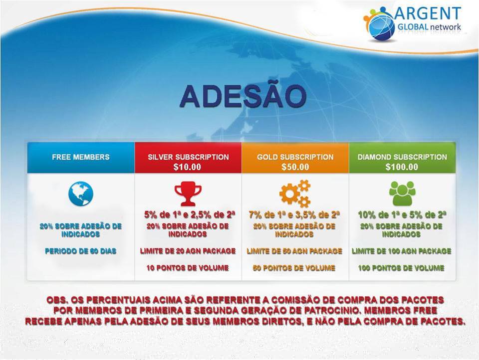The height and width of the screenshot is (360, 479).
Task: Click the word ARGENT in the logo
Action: pyautogui.click(x=428, y=14)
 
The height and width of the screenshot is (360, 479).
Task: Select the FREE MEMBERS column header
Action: pyautogui.click(x=81, y=157)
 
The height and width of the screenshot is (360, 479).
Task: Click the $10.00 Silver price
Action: pyautogui.click(x=187, y=167)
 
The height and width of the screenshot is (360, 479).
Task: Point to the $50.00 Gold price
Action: pyautogui.click(x=295, y=167)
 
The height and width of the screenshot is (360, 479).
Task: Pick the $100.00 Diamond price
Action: pyautogui.click(x=402, y=167)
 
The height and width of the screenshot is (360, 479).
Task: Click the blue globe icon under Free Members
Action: pyautogui.click(x=81, y=194)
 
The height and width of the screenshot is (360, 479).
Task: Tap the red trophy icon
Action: pyautogui.click(x=188, y=193)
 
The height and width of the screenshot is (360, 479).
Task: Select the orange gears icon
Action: pyautogui.click(x=295, y=193)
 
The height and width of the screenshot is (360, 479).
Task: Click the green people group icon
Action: pyautogui.click(x=402, y=193)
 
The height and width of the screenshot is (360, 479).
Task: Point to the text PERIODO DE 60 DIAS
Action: pyautogui.click(x=81, y=251)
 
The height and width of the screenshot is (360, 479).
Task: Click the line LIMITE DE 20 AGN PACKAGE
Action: pyautogui.click(x=188, y=251)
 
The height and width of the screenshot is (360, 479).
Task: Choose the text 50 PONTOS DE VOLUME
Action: pyautogui.click(x=294, y=268)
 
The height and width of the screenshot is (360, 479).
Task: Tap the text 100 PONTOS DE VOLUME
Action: pyautogui.click(x=401, y=268)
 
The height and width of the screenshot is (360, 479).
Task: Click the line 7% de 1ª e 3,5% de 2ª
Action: pyautogui.click(x=294, y=215)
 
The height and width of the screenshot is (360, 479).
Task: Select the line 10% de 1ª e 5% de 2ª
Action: pyautogui.click(x=402, y=215)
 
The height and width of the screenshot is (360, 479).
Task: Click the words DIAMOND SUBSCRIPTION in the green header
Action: pyautogui.click(x=402, y=157)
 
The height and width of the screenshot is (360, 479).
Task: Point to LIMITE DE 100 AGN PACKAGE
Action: pyautogui.click(x=401, y=251)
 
